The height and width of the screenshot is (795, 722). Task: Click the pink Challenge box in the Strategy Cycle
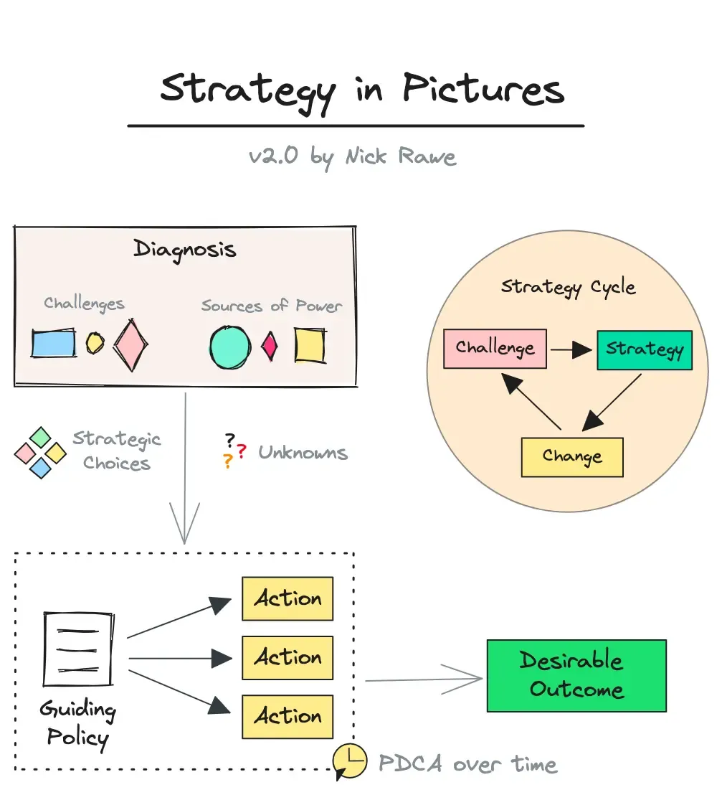click(495, 349)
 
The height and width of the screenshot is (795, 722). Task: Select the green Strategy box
click(644, 350)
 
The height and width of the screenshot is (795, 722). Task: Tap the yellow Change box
click(571, 457)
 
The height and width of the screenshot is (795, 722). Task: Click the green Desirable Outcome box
click(576, 675)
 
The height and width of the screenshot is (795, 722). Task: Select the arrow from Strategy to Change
click(612, 403)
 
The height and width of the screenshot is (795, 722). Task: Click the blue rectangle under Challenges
click(53, 343)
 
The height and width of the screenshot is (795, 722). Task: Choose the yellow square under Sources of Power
click(310, 346)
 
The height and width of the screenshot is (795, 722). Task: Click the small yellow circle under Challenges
click(95, 344)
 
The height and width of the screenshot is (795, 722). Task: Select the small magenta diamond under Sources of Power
click(270, 346)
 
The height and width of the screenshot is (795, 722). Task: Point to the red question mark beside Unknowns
click(242, 451)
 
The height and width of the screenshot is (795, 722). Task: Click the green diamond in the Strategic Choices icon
click(41, 437)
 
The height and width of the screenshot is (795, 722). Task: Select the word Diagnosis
click(184, 249)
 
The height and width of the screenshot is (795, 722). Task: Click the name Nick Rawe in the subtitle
click(400, 156)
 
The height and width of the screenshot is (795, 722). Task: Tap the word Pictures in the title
click(483, 91)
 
